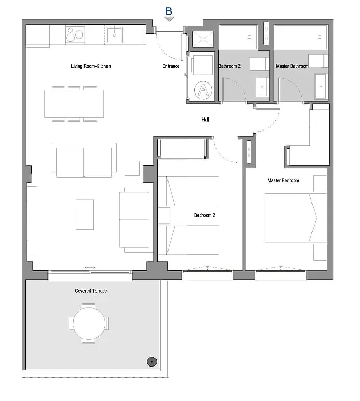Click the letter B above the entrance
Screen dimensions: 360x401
169,11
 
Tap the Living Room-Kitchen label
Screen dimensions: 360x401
91,66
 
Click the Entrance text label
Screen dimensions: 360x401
171,66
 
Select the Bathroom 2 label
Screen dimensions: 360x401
229,66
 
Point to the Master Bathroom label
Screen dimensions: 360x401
292,66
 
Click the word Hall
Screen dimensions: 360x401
205,120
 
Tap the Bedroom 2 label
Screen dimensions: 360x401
205,215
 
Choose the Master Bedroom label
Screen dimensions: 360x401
283,180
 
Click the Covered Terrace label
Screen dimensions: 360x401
91,291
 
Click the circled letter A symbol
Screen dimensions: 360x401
203,90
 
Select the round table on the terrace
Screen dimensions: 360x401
89,324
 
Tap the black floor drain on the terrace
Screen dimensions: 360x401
152,362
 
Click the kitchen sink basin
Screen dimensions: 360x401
114,34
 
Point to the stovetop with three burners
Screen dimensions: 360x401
75,34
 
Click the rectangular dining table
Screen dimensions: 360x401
74,103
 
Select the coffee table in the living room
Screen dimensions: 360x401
85,215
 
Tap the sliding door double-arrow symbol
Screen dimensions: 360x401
90,267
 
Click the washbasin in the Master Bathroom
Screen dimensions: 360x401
320,86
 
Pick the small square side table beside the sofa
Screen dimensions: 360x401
132,168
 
